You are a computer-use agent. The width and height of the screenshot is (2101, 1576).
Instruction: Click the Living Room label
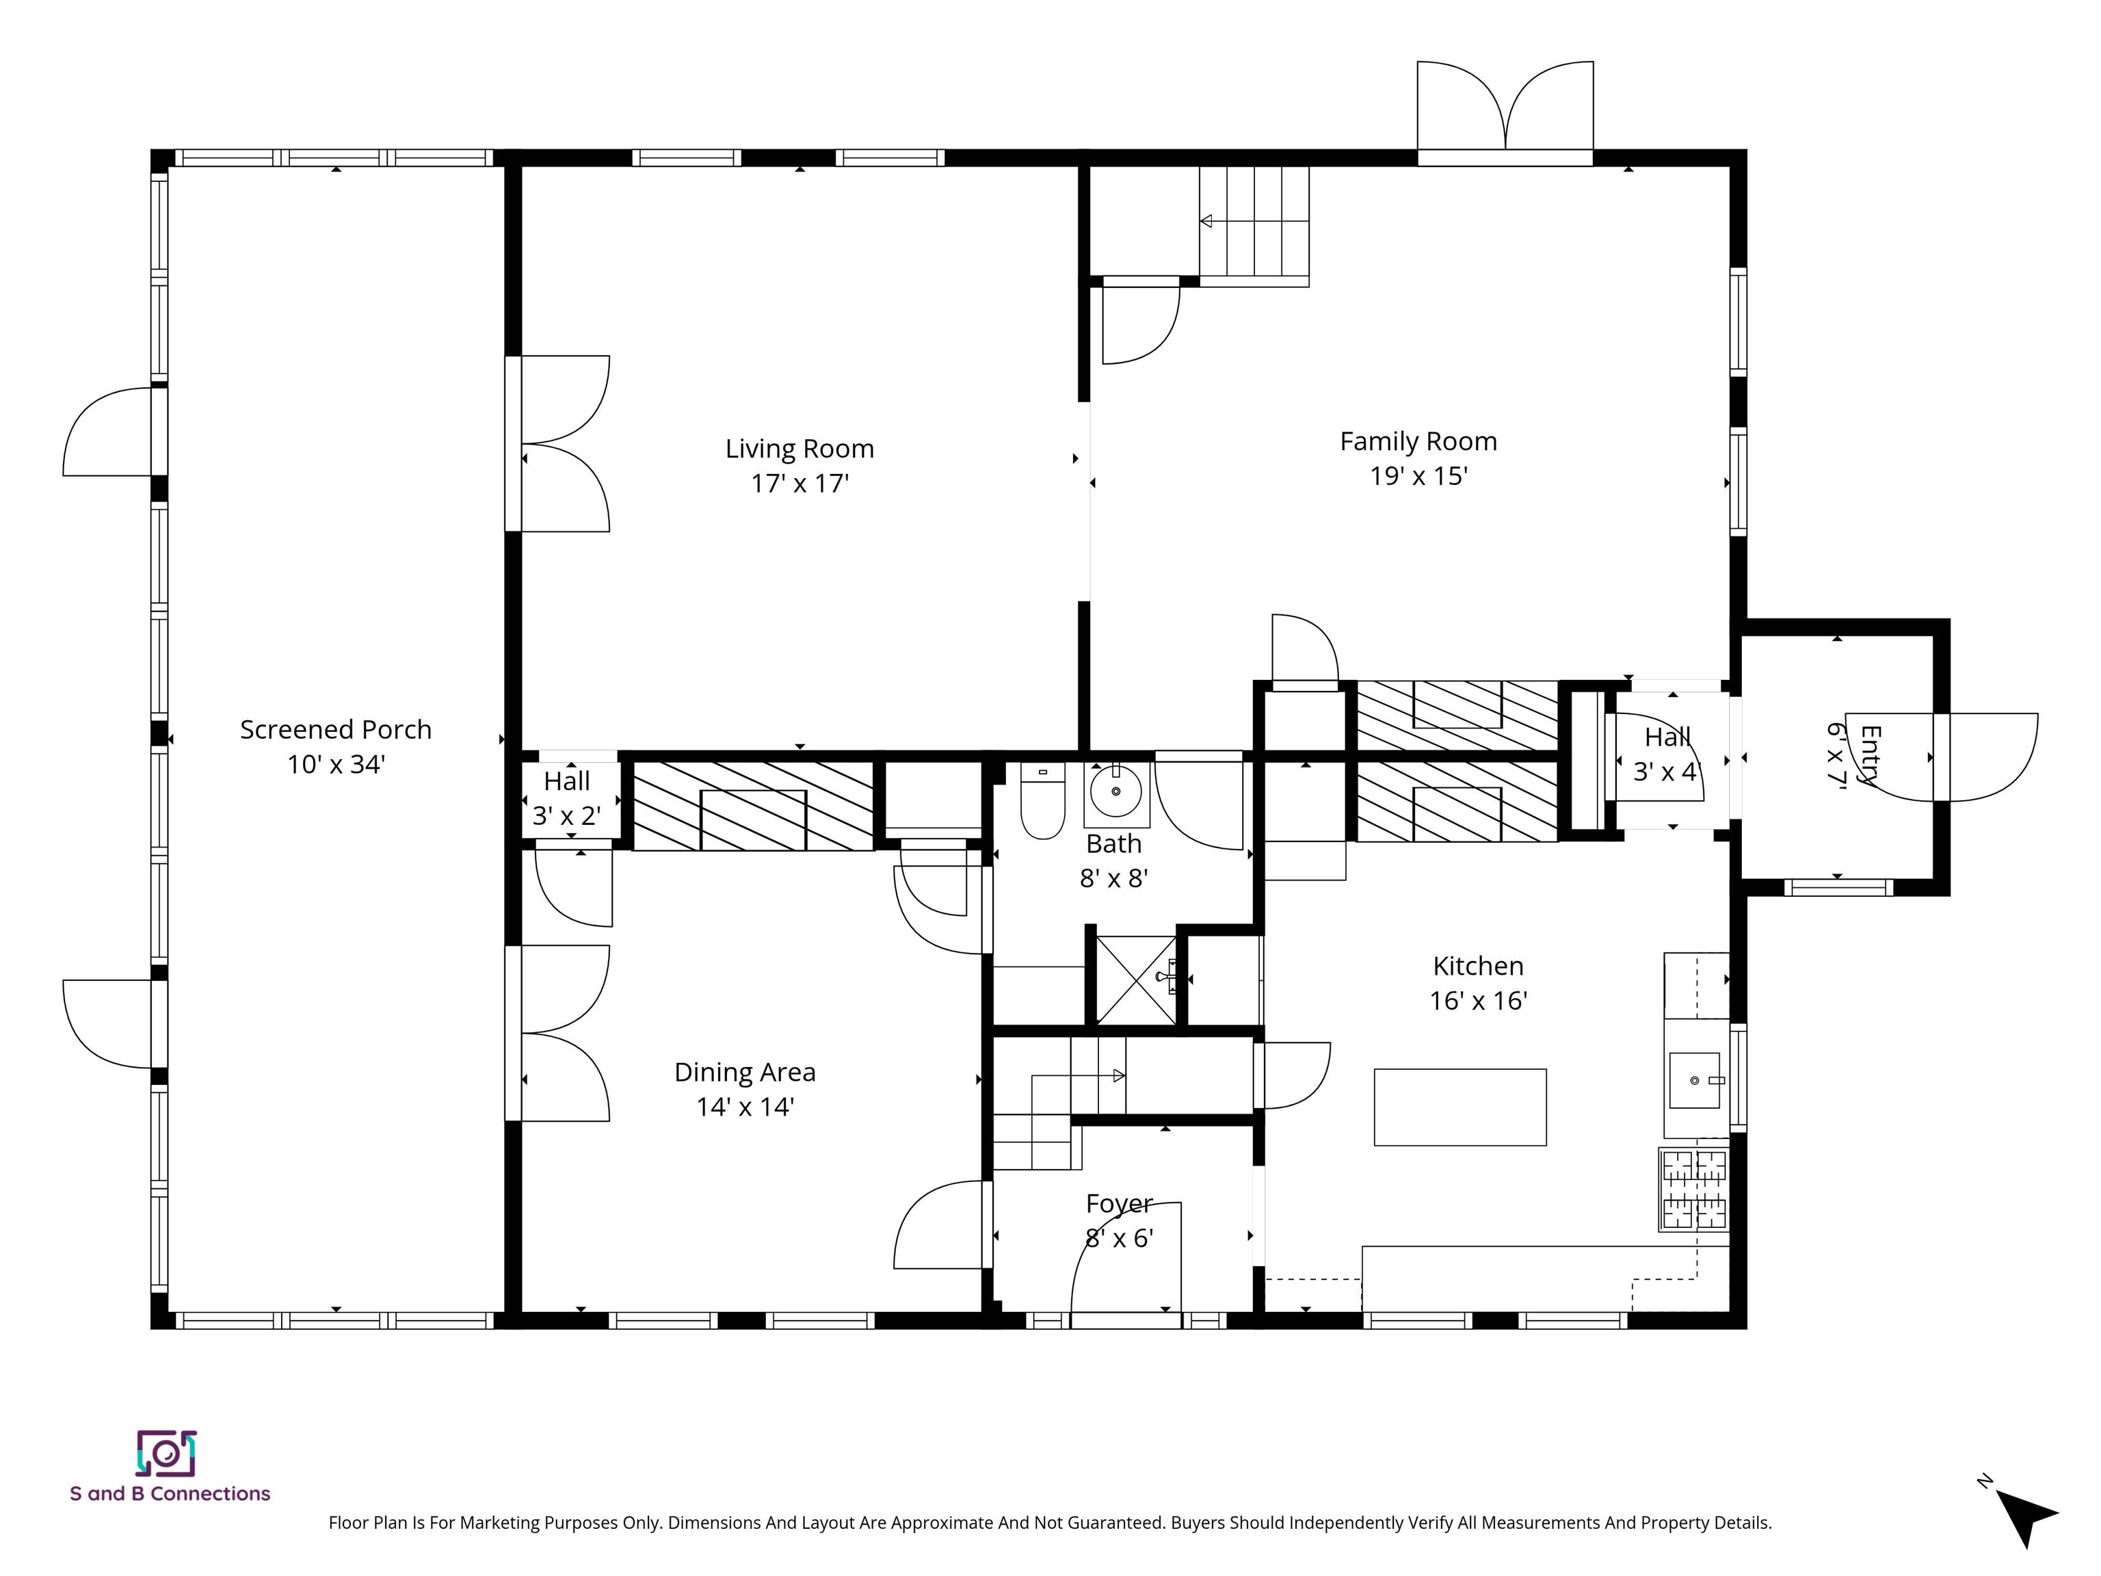click(799, 449)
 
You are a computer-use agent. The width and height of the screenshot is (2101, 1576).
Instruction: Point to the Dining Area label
click(745, 1073)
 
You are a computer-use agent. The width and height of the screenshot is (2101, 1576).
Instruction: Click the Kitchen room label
click(1478, 966)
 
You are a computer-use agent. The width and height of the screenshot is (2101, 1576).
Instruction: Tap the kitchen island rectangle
click(1460, 1107)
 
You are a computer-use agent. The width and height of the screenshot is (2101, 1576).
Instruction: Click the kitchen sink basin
click(1695, 1080)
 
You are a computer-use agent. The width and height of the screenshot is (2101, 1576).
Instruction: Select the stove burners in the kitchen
click(1693, 1190)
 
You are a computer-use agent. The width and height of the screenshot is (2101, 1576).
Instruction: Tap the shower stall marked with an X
click(1136, 980)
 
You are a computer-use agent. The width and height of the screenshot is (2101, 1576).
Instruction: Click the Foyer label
click(1119, 1204)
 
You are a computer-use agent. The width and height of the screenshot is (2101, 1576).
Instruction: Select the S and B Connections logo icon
click(166, 1454)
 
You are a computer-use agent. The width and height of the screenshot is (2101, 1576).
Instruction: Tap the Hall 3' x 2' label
click(567, 799)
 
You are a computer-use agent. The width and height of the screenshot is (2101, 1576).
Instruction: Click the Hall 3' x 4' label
click(1667, 754)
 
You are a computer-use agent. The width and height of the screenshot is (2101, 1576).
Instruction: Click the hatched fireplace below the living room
click(753, 806)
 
